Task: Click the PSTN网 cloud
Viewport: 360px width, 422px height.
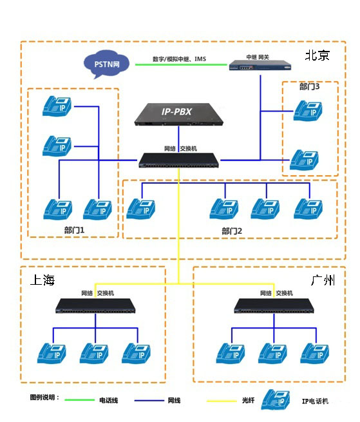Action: pyautogui.click(x=106, y=64)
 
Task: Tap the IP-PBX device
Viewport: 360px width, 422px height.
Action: pyautogui.click(x=178, y=115)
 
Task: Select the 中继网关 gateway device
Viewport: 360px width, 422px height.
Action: pyautogui.click(x=260, y=66)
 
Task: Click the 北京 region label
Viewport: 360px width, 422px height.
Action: pyautogui.click(x=317, y=55)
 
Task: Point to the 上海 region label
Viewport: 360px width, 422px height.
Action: pyautogui.click(x=43, y=280)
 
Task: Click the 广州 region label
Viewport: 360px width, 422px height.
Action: pyautogui.click(x=323, y=280)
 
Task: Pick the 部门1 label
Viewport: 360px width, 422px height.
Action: pyautogui.click(x=74, y=230)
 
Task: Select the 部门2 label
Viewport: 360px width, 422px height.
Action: pyautogui.click(x=232, y=231)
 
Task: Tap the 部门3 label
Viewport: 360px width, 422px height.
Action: pyautogui.click(x=309, y=86)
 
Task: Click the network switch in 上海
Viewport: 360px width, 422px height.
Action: pyautogui.click(x=95, y=305)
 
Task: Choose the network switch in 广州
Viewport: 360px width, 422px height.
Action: pyautogui.click(x=274, y=305)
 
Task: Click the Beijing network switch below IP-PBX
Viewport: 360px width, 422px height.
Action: pyautogui.click(x=178, y=160)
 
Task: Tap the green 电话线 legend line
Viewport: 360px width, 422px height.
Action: pyautogui.click(x=80, y=400)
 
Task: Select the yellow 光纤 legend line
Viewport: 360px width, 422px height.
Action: pyautogui.click(x=222, y=401)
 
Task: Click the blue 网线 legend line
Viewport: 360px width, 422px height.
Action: pyautogui.click(x=149, y=401)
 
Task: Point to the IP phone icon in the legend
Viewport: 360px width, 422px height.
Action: pyautogui.click(x=276, y=400)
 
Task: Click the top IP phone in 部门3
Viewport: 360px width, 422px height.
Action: pyautogui.click(x=308, y=111)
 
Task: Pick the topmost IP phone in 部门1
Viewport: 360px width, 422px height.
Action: pyautogui.click(x=57, y=106)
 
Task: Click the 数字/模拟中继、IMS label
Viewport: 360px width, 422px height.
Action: pyautogui.click(x=180, y=59)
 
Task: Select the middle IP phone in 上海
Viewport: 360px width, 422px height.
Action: pyautogui.click(x=94, y=353)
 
